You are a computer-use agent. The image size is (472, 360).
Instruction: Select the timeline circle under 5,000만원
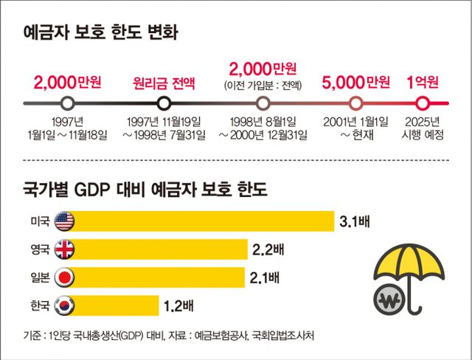(x=357, y=103)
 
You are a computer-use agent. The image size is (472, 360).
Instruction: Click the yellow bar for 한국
(x=118, y=305)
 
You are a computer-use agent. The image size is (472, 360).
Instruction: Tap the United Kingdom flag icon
(x=65, y=249)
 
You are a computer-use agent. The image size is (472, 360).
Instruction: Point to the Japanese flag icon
(x=65, y=277)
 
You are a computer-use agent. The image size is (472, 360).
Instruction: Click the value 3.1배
(x=354, y=221)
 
